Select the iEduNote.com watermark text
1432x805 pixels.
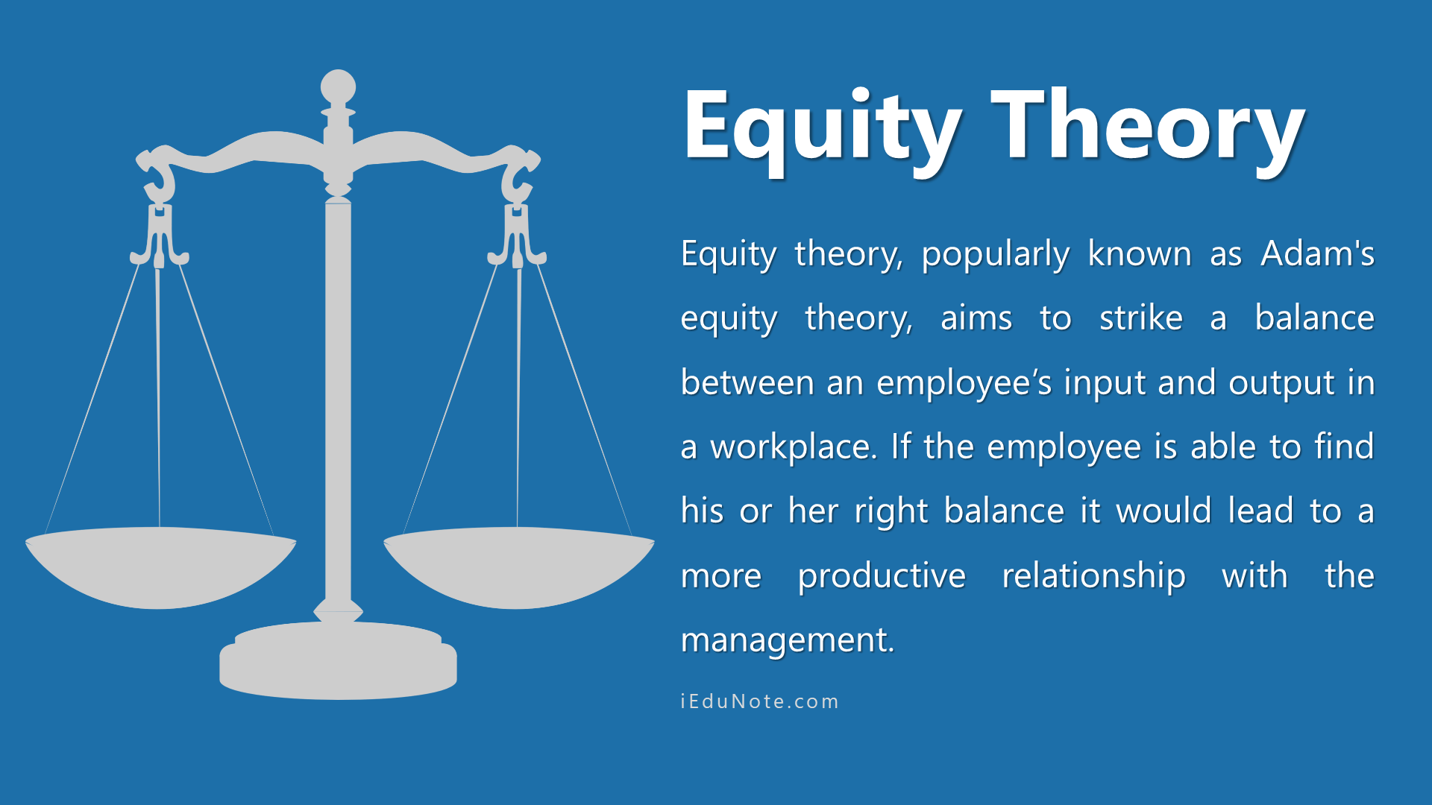tap(760, 701)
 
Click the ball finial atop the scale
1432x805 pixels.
tap(338, 88)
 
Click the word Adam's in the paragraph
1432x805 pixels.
tap(1318, 253)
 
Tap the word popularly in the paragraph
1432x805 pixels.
tap(996, 255)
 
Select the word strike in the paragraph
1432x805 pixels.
tap(1141, 318)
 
